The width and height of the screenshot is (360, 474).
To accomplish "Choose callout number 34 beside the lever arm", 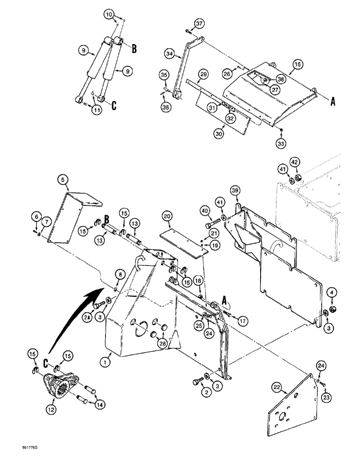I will (170, 55).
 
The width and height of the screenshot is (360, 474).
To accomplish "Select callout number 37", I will (199, 24).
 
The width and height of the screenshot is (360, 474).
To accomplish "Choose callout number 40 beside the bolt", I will (204, 210).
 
